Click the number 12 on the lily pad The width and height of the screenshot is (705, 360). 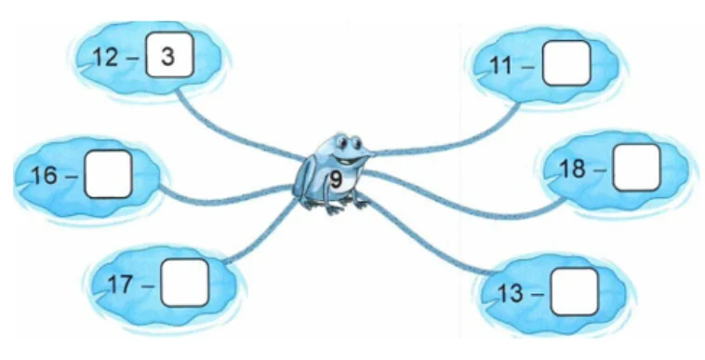point(105,58)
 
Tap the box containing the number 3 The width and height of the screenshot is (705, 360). point(170,55)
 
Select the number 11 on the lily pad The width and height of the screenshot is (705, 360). point(501,66)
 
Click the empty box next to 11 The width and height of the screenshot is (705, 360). point(566,63)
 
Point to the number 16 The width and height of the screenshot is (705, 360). point(46,175)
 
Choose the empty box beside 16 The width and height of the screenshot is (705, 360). point(109,174)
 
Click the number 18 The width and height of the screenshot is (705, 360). point(573,169)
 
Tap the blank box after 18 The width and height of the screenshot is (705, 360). point(637,167)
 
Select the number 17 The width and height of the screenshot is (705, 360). point(121,285)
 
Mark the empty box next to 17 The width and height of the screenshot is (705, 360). point(185,283)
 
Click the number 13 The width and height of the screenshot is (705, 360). point(511,294)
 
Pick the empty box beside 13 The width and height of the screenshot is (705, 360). point(575,292)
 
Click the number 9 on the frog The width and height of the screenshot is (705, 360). point(337,180)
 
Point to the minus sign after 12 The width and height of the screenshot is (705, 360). point(133,58)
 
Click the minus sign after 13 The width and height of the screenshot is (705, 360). point(537,294)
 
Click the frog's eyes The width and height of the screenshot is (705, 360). point(349,142)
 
